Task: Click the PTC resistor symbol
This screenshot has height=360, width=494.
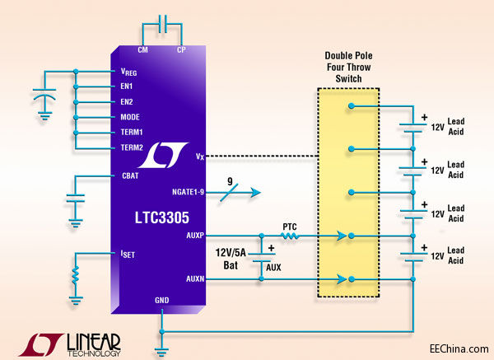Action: (x=291, y=236)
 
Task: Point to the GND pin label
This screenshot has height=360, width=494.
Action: (x=162, y=301)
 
